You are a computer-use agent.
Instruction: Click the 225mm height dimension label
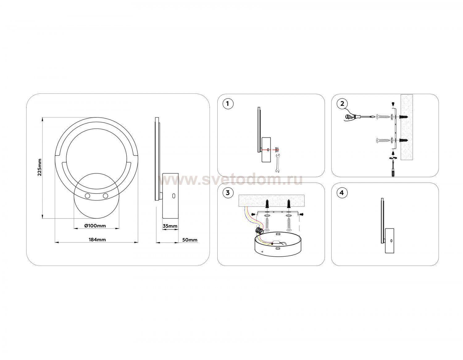coord(40,167)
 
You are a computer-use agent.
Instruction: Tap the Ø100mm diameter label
coord(95,226)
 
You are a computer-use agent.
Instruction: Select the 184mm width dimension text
coord(97,239)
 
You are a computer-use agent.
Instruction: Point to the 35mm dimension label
coord(170,226)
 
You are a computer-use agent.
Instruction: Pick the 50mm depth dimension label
coord(190,240)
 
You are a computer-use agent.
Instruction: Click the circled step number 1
coord(228,104)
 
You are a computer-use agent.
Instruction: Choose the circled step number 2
coord(342,104)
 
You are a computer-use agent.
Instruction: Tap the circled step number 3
coord(228,193)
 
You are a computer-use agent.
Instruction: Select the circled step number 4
coord(342,193)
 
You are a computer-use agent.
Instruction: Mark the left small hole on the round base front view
coord(87,196)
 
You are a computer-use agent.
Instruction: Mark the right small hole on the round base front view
coord(105,196)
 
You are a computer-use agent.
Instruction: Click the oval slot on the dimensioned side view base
coord(174,196)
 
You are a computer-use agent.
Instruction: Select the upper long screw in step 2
coord(382,117)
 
